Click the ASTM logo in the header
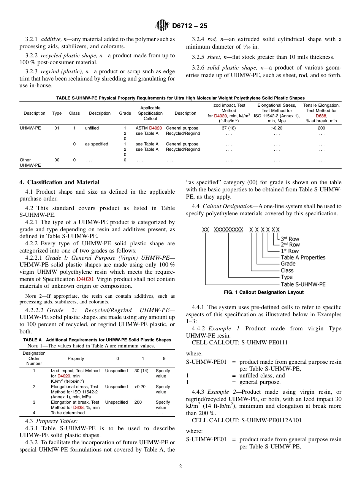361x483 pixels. coord(163,26)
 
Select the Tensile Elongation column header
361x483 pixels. coord(321,113)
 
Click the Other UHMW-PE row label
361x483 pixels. coord(26,163)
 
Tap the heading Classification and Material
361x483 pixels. coord(59,182)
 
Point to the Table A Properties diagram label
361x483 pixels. coord(303,257)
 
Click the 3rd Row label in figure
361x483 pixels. coord(290,239)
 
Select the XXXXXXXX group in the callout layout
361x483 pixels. coord(228,230)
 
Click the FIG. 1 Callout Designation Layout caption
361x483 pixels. coord(263,292)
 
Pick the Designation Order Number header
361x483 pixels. coord(34,358)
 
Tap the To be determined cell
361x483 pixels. coord(68,413)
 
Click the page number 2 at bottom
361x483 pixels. coord(180,467)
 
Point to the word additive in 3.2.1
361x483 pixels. coord(51,39)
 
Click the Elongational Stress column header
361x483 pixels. coord(279,113)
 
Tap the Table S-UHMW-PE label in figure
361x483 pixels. coord(303,284)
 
